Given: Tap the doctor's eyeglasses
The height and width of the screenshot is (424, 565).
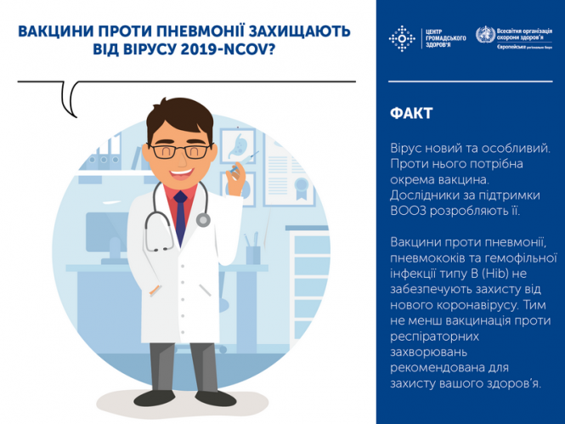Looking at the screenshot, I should pos(181,151).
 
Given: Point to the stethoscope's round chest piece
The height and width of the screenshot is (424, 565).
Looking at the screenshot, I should pos(203,220).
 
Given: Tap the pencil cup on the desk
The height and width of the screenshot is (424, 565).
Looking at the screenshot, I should pos(252,252).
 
